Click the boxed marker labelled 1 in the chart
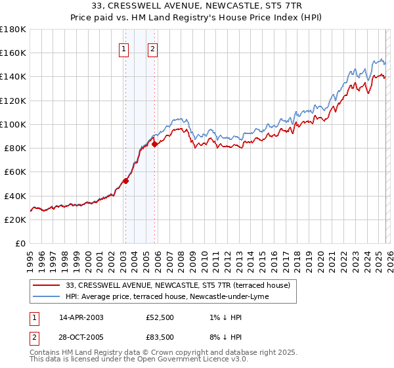pyautogui.click(x=124, y=47)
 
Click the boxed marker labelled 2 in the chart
pyautogui.click(x=152, y=47)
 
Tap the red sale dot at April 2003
pyautogui.click(x=125, y=181)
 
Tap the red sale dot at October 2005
pyautogui.click(x=155, y=144)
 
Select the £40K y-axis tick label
pyautogui.click(x=15, y=196)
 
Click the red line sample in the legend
pyautogui.click(x=47, y=285)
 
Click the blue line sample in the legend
pyautogui.click(x=47, y=296)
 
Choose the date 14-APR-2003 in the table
pyautogui.click(x=81, y=317)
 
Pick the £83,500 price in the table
pyautogui.click(x=160, y=337)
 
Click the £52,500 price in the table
pyautogui.click(x=160, y=317)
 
